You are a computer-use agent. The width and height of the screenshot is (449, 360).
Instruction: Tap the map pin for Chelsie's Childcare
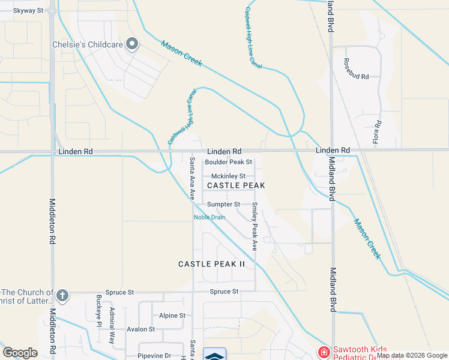133,44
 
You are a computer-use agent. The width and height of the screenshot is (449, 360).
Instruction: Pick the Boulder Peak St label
229,163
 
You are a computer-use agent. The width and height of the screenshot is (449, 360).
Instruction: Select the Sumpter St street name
224,205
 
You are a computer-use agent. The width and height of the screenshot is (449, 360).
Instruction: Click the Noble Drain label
209,217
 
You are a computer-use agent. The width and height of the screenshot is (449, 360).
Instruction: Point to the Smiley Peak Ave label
255,226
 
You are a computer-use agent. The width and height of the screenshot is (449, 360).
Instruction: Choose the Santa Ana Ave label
192,178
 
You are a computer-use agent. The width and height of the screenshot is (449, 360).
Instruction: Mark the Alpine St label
172,316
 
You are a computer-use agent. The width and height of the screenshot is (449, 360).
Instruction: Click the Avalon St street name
141,329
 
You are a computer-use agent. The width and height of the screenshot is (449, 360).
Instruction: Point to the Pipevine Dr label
155,356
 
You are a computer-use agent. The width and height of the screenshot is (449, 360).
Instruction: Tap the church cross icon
62,296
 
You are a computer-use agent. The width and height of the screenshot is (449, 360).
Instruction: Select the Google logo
20,353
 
